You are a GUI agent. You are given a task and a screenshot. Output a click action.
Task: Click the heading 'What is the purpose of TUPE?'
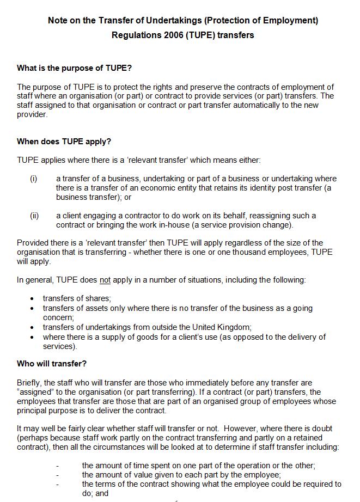pos(74,68)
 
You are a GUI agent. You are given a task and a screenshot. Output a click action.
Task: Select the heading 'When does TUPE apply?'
pos(64,142)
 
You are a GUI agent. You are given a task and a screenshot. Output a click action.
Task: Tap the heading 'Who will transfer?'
pos(52,363)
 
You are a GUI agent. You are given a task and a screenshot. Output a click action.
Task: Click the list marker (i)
pos(34,179)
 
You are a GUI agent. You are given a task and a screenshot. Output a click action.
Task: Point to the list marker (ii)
pos(34,216)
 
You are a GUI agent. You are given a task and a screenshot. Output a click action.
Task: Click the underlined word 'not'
pos(105,280)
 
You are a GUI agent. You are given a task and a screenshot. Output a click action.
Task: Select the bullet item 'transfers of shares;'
pos(77,298)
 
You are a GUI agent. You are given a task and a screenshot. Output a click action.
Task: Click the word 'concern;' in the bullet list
pos(58,317)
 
